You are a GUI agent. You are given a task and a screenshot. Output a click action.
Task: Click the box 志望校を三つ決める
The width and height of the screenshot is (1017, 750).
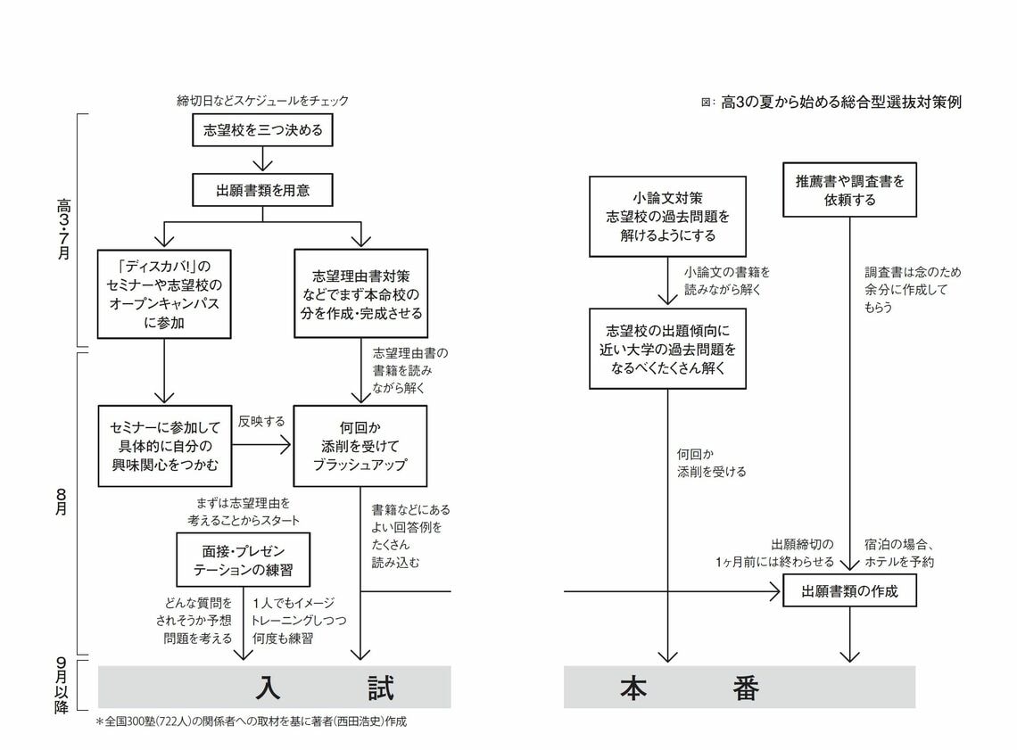[x=263, y=130]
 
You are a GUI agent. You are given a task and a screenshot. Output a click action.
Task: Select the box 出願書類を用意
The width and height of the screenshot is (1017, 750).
[x=263, y=190]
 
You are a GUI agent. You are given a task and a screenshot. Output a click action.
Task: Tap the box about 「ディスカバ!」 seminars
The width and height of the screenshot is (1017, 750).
[x=164, y=294]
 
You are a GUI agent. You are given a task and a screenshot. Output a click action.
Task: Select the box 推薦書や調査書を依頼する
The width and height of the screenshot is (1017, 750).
[x=849, y=190]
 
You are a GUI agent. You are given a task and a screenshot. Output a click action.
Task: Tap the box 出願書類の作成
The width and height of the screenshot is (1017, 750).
[x=849, y=590]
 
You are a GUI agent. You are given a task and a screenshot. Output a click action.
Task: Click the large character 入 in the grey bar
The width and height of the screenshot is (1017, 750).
[x=269, y=688]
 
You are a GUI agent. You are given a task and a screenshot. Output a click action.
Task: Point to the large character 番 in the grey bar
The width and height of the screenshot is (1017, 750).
[x=747, y=688]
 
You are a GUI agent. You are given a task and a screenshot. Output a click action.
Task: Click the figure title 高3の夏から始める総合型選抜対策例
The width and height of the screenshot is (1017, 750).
[x=840, y=103]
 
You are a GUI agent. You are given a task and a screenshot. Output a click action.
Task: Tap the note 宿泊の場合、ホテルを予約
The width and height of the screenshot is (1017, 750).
[x=899, y=553]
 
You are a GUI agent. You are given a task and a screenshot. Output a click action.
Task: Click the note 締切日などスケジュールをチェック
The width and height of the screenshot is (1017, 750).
[x=263, y=101]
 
